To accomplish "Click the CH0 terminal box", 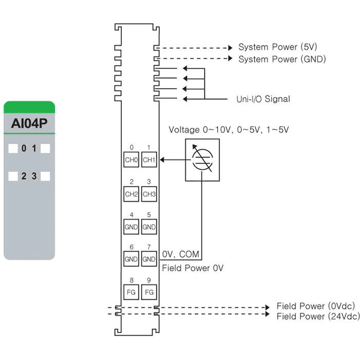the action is coord(131,160).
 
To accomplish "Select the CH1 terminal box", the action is coord(149,160).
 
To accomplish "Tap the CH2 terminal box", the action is coord(131,194).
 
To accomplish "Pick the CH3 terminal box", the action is coord(149,194).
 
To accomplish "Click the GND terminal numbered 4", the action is coord(131,227).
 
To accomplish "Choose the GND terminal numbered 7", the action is coord(149,259).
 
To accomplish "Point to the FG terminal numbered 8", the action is coord(131,292).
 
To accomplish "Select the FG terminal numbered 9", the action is coord(149,292).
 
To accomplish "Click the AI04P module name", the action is coord(29,123).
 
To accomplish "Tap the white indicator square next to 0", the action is coord(13,148).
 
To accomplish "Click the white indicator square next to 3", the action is coord(45,176).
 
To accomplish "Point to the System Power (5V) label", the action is coord(278,47).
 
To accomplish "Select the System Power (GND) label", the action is coord(282,59).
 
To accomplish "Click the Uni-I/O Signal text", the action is coord(263,99).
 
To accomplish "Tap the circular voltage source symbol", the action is coord(202,160).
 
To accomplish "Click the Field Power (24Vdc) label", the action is coord(318,316).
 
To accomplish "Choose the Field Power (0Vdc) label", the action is coord(316,306).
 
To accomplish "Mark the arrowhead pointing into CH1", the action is coord(162,160).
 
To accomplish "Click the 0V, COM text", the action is coord(181,254).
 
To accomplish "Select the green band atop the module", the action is coord(29,107).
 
